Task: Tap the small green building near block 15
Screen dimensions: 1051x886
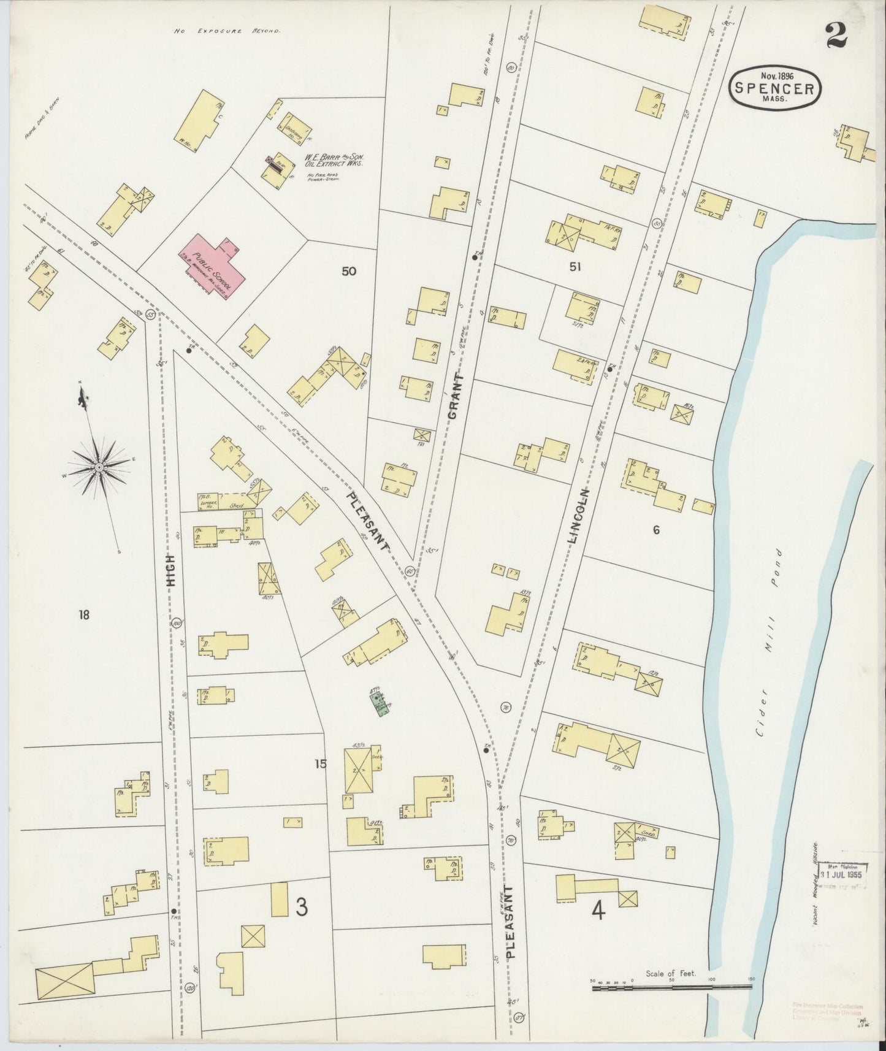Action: [381, 703]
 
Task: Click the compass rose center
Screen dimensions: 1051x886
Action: [99, 468]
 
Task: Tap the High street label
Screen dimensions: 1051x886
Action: [173, 570]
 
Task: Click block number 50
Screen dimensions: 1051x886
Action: [348, 271]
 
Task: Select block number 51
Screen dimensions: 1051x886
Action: [575, 267]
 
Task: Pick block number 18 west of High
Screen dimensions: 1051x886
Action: [84, 614]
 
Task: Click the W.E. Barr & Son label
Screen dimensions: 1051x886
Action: [335, 161]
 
